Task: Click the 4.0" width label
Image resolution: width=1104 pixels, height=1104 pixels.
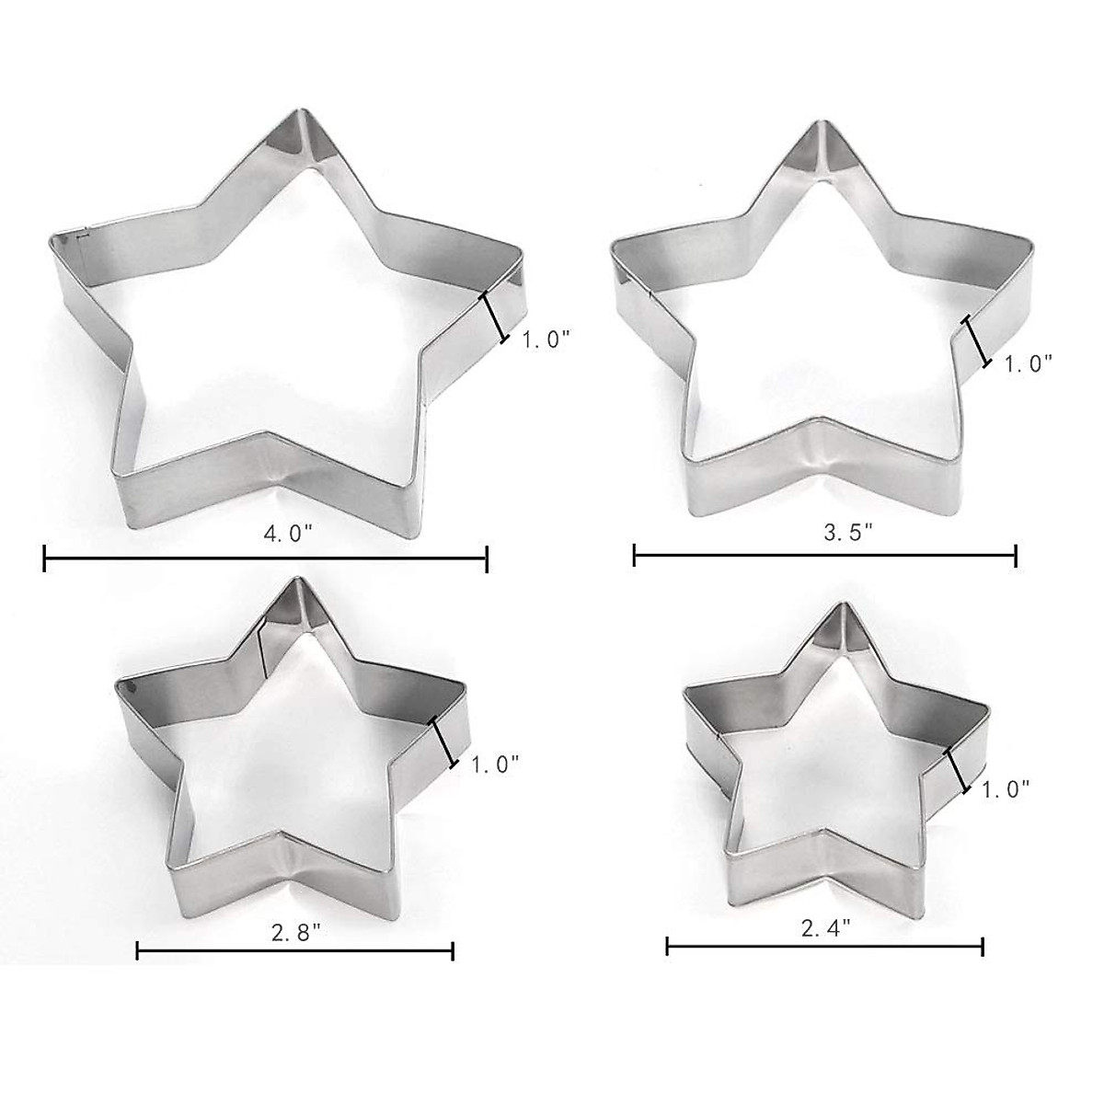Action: coord(266,533)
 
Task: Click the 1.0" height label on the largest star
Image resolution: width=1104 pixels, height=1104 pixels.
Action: coord(546,339)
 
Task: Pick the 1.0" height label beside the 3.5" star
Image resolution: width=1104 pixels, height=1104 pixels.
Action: coord(1028,364)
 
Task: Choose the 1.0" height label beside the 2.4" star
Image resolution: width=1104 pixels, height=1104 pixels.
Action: coord(1005,788)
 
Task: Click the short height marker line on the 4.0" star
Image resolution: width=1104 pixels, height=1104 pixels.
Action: coord(494,318)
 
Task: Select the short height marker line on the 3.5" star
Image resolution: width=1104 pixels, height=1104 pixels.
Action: coord(976,341)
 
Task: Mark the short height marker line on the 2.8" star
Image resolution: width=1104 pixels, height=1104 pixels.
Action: coord(443,742)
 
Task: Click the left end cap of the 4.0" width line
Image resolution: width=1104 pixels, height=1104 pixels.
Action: coord(44,558)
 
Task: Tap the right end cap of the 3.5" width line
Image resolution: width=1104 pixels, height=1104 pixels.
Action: coord(1016,555)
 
